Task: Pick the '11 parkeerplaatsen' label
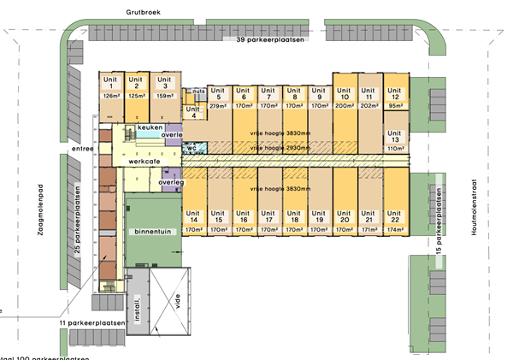click(92, 323)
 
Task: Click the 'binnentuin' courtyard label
click(153, 232)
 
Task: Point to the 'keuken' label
click(150, 127)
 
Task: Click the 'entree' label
click(84, 149)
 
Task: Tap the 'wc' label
click(194, 147)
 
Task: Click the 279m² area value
click(219, 106)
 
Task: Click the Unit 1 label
click(109, 83)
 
